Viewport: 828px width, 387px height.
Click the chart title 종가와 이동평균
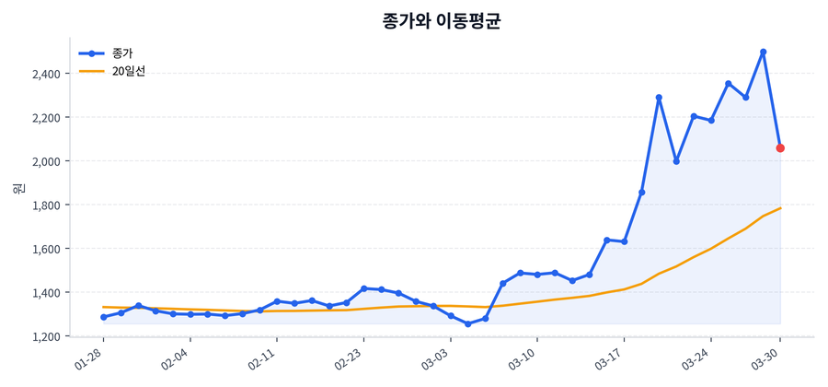(441, 21)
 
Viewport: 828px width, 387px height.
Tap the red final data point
(780, 147)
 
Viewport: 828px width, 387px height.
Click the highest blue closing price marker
(763, 52)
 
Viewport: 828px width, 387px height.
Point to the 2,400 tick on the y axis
(45, 74)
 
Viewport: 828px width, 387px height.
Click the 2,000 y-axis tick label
(45, 161)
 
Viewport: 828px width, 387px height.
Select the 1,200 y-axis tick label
(45, 336)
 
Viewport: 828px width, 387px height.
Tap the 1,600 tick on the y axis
(45, 249)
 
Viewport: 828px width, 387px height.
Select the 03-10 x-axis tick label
(523, 356)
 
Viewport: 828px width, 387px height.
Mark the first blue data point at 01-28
(103, 317)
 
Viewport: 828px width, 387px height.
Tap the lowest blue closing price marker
(467, 324)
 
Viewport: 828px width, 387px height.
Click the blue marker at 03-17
(624, 241)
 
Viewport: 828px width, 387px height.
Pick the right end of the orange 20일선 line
(780, 208)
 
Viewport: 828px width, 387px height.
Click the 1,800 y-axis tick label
(45, 205)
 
